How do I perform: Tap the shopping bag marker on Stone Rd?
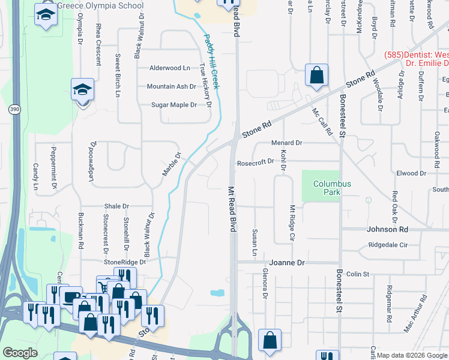click(x=316, y=76)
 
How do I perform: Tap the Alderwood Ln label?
click(x=170, y=68)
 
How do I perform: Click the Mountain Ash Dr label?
click(x=172, y=86)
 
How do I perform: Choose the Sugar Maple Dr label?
click(x=173, y=105)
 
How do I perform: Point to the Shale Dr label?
click(x=116, y=206)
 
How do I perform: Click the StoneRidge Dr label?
click(x=125, y=262)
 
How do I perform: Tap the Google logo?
click(x=20, y=353)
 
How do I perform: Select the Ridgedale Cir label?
click(x=388, y=245)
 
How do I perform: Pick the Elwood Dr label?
click(x=411, y=173)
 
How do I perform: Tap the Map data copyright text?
click(x=412, y=355)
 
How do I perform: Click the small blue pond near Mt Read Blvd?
click(x=217, y=293)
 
